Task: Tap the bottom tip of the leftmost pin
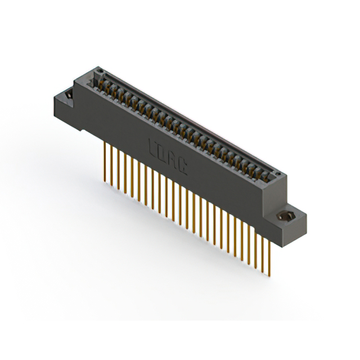pyautogui.click(x=105, y=181)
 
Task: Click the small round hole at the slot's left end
pyautogui.click(x=99, y=71)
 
